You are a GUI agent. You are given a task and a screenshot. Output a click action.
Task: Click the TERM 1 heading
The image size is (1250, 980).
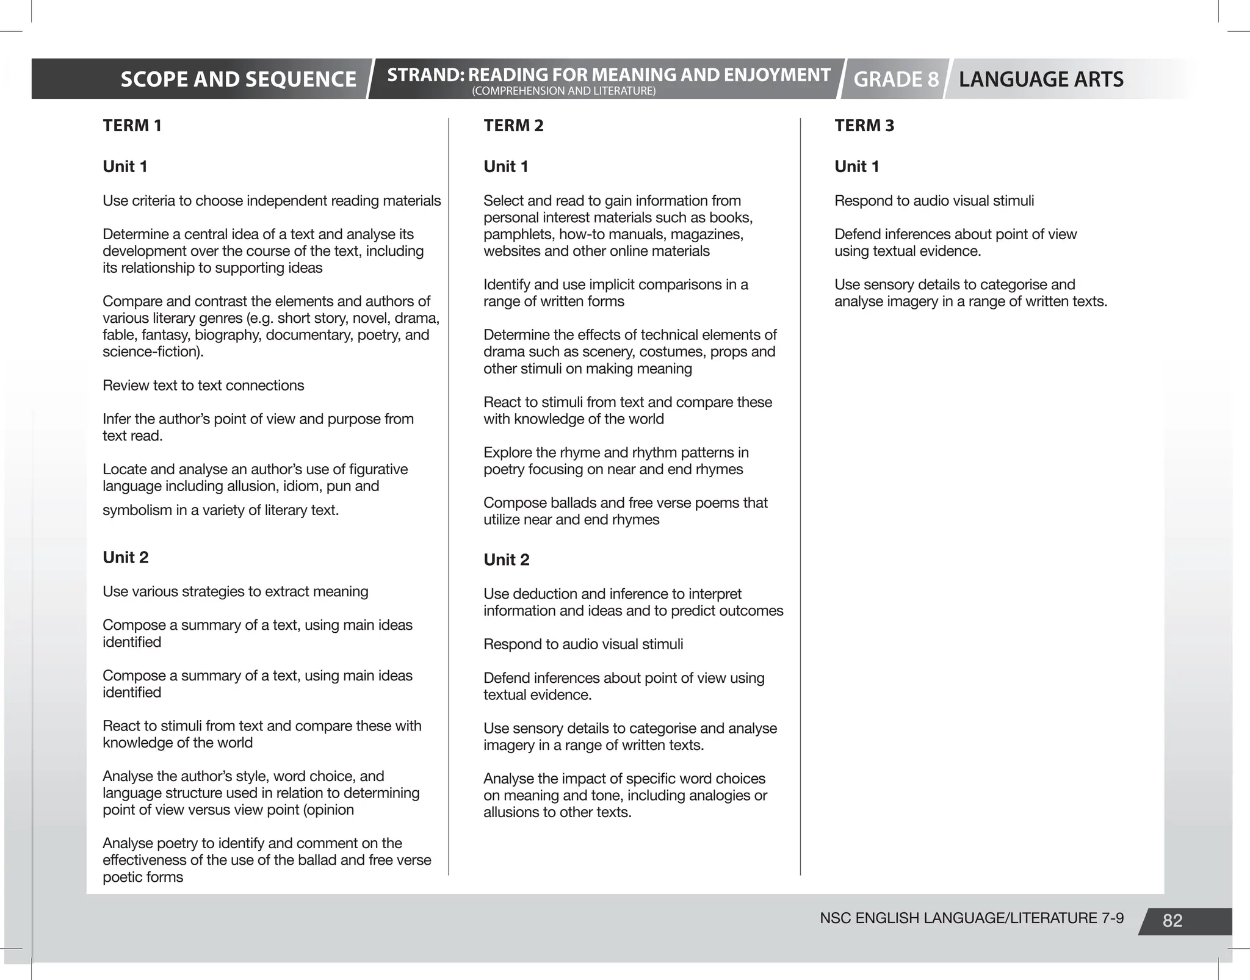tap(132, 126)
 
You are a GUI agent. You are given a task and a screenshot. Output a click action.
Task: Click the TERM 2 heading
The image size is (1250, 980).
tap(513, 126)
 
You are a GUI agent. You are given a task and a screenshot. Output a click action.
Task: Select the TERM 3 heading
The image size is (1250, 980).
tap(864, 126)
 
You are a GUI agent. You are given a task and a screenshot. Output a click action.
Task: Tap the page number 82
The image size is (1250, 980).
tap(1172, 921)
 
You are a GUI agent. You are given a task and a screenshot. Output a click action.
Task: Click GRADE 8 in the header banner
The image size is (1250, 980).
tap(895, 79)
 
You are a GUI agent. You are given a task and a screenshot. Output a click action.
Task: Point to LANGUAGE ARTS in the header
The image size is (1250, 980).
tap(1041, 79)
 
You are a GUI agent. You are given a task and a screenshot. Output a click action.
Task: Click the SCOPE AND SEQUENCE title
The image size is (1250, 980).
tap(238, 79)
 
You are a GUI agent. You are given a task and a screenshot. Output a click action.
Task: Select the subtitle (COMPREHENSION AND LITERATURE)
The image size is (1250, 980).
tap(563, 92)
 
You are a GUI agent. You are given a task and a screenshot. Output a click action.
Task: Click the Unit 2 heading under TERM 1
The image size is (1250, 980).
tap(125, 557)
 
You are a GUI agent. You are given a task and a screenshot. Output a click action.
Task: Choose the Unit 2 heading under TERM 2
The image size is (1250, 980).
tap(506, 560)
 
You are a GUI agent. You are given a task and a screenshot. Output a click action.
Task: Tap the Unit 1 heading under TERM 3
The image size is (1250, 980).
tap(856, 167)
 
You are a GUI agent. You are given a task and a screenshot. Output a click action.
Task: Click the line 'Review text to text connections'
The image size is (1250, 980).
tap(203, 386)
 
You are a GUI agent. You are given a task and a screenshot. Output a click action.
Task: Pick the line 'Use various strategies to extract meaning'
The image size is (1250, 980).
tap(235, 592)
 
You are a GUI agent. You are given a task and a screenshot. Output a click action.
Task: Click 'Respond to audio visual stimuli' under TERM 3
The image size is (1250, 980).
tap(934, 201)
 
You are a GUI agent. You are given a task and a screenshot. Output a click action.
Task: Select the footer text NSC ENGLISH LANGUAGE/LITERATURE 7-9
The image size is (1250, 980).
tap(971, 918)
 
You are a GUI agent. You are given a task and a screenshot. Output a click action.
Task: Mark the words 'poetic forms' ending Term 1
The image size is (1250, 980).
tap(143, 877)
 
